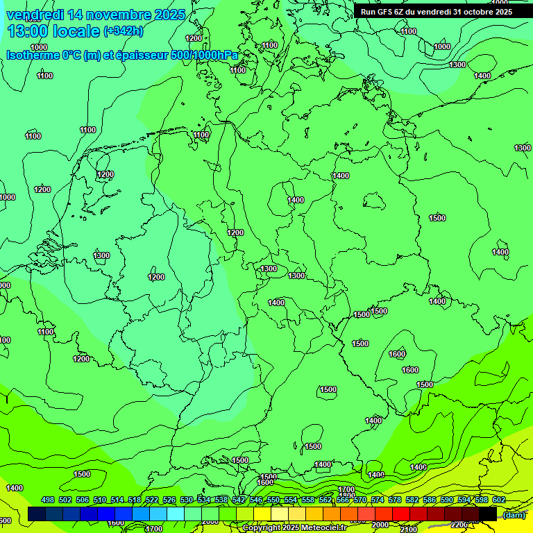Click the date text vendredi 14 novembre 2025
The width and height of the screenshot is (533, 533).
96,15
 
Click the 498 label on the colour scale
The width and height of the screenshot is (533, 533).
48,500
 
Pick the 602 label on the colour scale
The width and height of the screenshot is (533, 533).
499,500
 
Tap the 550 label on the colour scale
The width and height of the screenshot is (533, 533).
273,500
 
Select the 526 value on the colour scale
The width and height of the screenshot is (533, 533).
169,500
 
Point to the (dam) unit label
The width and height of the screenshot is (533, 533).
514,515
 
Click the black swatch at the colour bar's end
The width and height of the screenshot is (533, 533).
488,514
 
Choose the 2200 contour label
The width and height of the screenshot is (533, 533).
459,525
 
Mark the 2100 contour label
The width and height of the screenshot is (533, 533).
409,530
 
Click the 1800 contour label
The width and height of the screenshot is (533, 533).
347,496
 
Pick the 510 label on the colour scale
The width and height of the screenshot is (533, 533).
100,500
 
